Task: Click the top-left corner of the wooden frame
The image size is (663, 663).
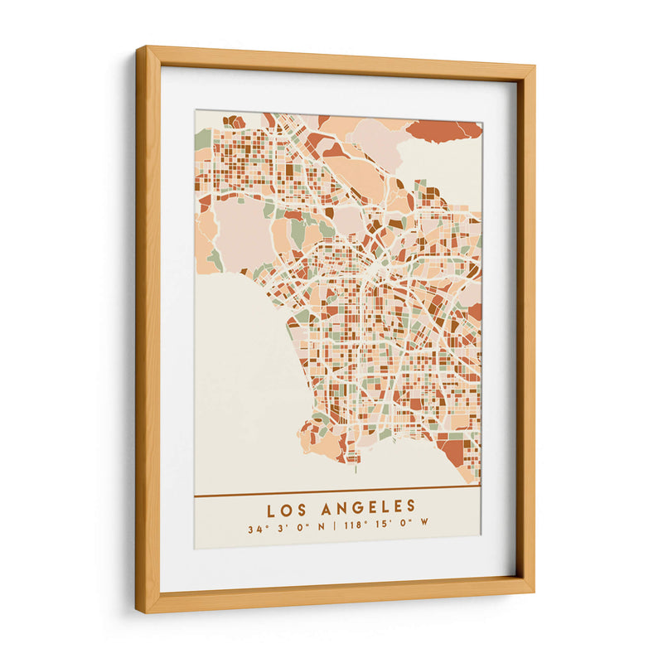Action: (138, 48)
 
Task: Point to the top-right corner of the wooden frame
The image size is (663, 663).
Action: (534, 65)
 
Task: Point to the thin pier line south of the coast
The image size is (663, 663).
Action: (356, 470)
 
